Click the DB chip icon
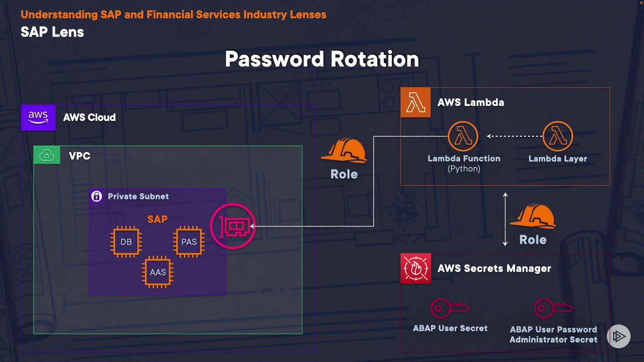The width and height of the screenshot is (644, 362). point(126,242)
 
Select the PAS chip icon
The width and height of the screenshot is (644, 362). point(189,242)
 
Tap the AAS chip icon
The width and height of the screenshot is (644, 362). point(158,272)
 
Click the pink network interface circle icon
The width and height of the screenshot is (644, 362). point(233,226)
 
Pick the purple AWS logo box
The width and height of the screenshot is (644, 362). point(38,117)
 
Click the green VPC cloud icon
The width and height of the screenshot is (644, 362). point(47,155)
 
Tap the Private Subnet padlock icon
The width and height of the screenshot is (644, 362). point(97,196)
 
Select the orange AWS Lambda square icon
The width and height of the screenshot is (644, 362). point(416,102)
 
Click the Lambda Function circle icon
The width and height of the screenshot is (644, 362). point(463,136)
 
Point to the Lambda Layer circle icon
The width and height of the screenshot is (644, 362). point(558,136)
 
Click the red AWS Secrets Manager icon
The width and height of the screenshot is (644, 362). point(416,268)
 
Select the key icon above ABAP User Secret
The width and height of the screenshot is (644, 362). point(449,308)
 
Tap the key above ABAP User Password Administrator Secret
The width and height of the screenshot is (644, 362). point(553,308)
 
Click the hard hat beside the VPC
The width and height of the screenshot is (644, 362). point(344,150)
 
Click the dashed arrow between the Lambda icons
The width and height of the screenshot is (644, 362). point(514,136)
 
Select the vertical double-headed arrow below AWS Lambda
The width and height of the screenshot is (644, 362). point(505,219)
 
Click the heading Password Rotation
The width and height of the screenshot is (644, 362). point(322,59)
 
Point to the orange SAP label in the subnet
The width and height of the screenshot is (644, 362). point(157,219)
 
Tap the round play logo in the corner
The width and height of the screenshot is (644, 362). point(619,336)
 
